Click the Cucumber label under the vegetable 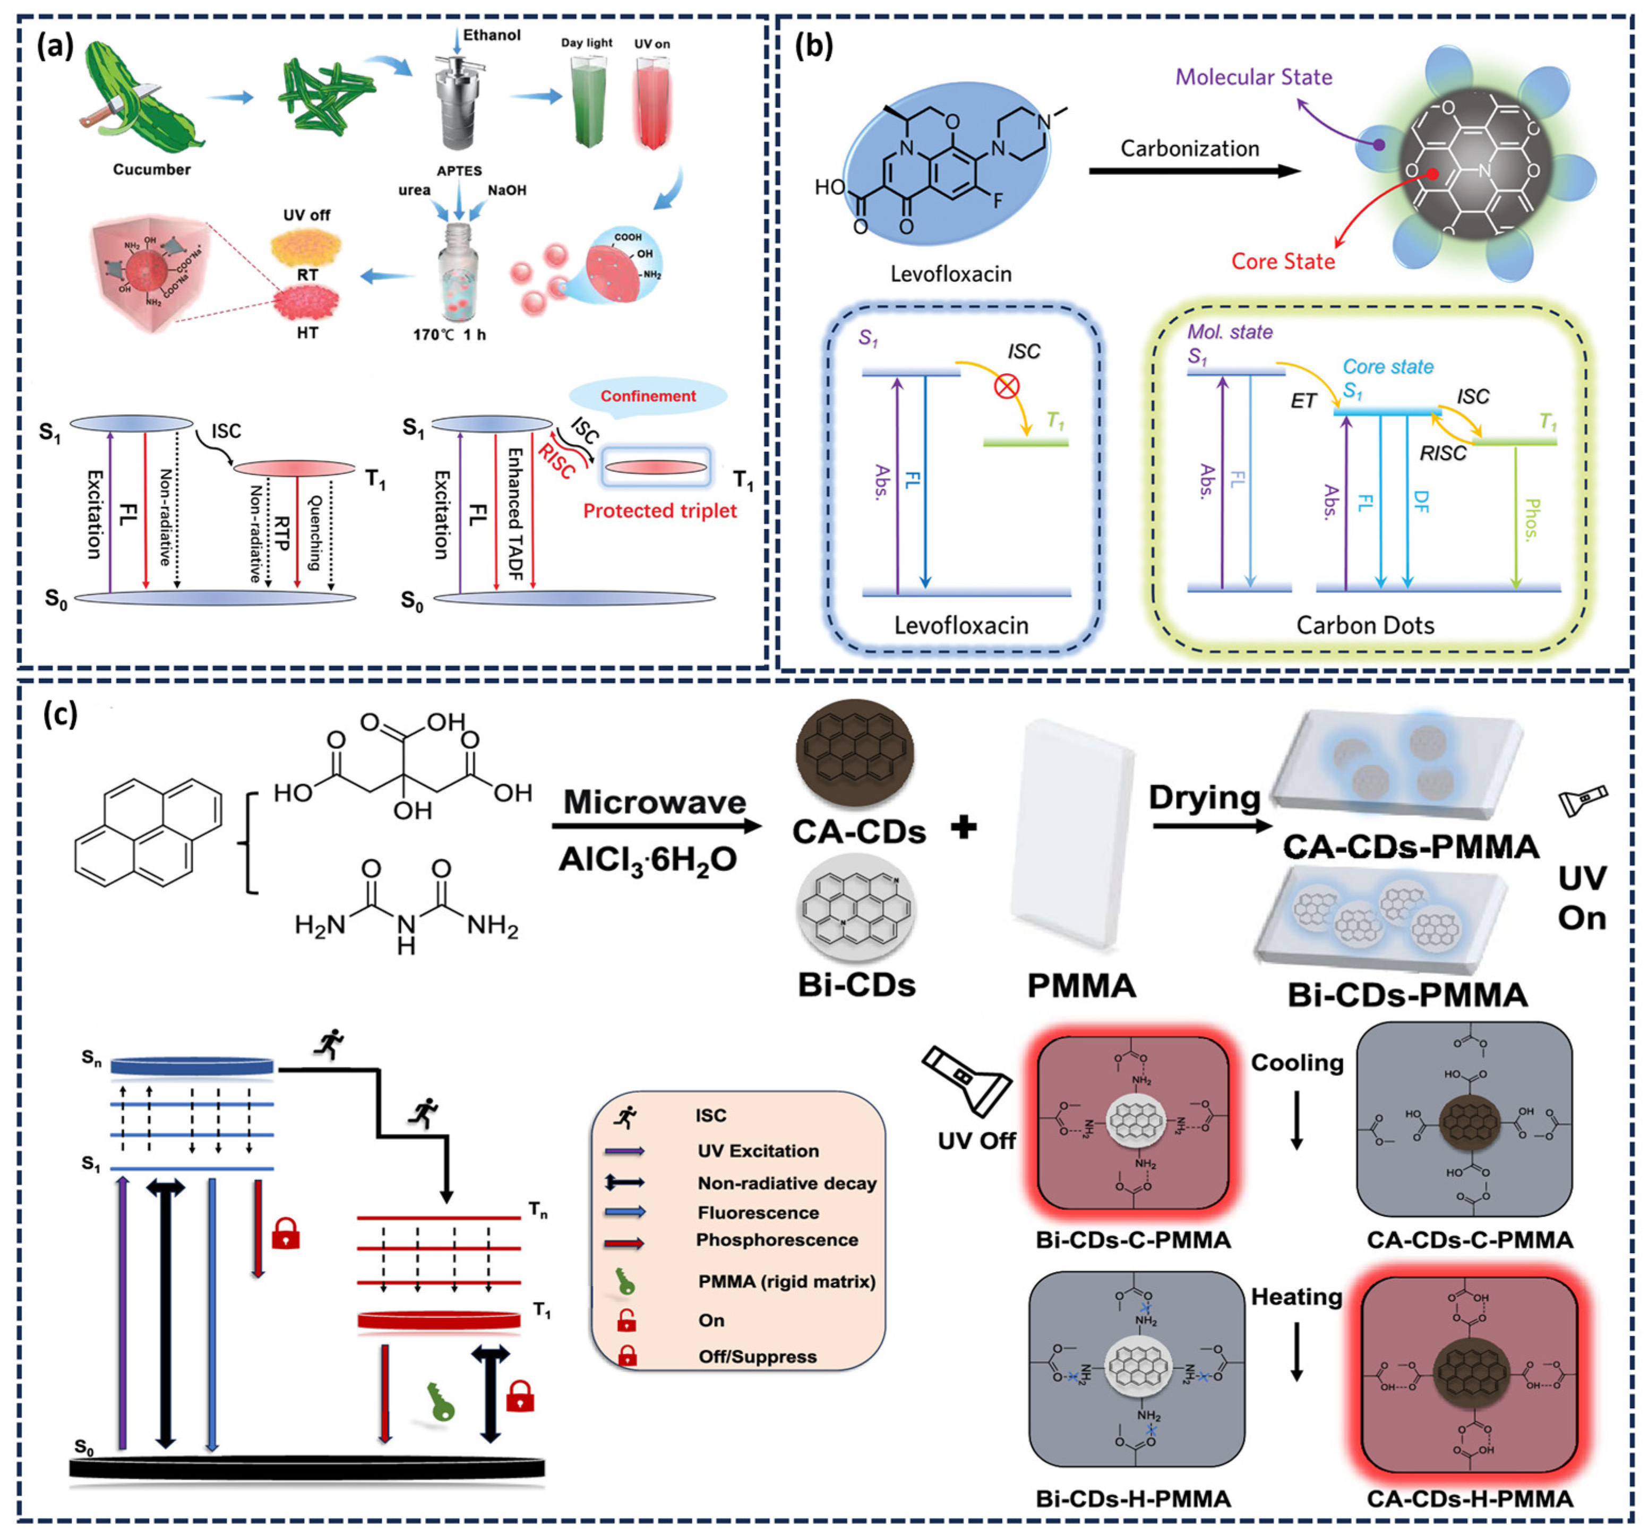[x=152, y=169]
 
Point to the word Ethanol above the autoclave [x=492, y=35]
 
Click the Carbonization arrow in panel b [x=1194, y=171]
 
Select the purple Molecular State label [x=1254, y=77]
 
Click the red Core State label [x=1282, y=261]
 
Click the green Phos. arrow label [x=1531, y=519]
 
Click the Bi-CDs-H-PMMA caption [x=1132, y=1498]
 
